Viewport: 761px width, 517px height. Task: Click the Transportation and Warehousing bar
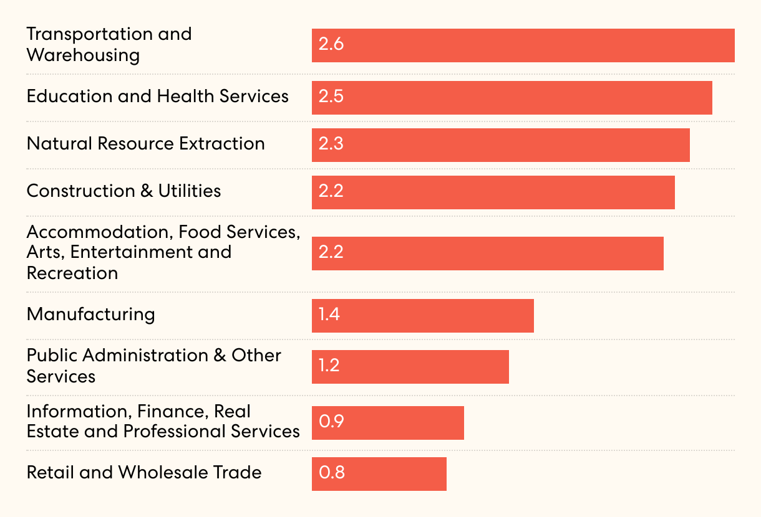point(523,45)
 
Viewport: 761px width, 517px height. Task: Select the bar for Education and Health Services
point(511,98)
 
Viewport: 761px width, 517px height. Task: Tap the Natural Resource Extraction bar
point(500,145)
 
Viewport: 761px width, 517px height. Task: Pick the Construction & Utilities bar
point(493,192)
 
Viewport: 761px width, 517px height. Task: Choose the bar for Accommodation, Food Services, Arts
point(487,254)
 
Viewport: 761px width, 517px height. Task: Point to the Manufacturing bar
point(422,316)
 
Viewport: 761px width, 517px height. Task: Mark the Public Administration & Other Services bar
point(410,367)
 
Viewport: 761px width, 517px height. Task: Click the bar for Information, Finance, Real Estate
point(387,423)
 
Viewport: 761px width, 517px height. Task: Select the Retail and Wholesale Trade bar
point(379,474)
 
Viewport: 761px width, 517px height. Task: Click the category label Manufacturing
point(90,314)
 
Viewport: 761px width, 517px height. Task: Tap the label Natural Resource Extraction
point(145,144)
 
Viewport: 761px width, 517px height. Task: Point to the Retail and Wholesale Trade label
point(143,472)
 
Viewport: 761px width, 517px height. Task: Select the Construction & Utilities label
point(124,191)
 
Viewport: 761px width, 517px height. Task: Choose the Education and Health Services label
point(157,97)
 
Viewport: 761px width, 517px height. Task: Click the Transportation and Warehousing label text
point(109,44)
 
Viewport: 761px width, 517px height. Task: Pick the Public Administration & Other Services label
point(153,366)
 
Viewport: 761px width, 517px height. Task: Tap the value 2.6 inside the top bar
point(331,45)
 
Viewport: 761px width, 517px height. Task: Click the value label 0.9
point(331,422)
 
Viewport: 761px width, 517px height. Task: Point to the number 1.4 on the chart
point(329,315)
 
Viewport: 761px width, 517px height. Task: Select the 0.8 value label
point(331,473)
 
